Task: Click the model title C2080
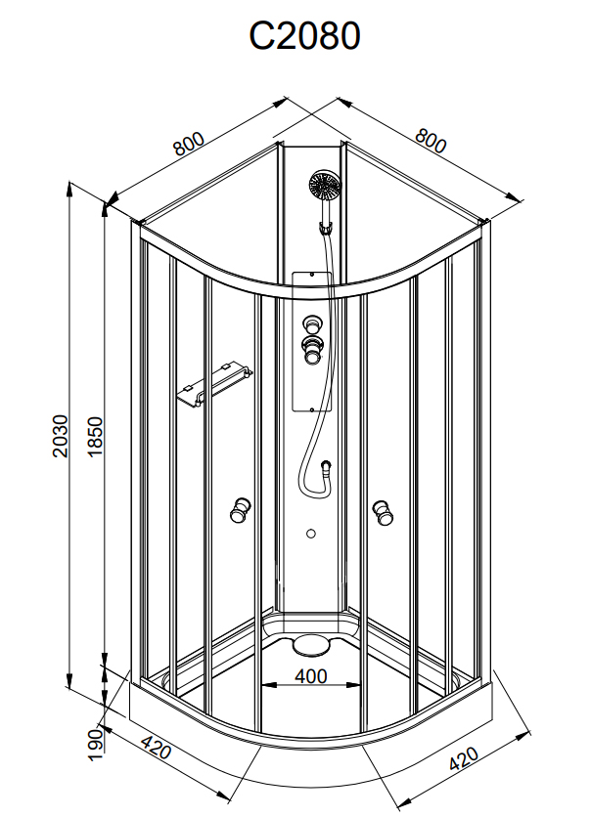tap(304, 36)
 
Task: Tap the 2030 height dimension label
tap(61, 436)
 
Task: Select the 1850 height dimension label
tap(96, 437)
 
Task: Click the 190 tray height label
tap(95, 745)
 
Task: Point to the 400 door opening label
tap(311, 676)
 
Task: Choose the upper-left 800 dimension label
tap(190, 144)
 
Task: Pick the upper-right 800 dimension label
tap(431, 141)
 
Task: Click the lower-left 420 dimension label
tap(156, 749)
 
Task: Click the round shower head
tap(325, 186)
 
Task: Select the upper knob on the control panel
tap(312, 324)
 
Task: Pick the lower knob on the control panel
tap(312, 350)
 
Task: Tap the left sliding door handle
tap(240, 510)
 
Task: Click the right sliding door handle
tap(383, 512)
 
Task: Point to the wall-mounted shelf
tap(214, 383)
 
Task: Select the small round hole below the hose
tap(311, 534)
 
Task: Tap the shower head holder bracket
tap(326, 229)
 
